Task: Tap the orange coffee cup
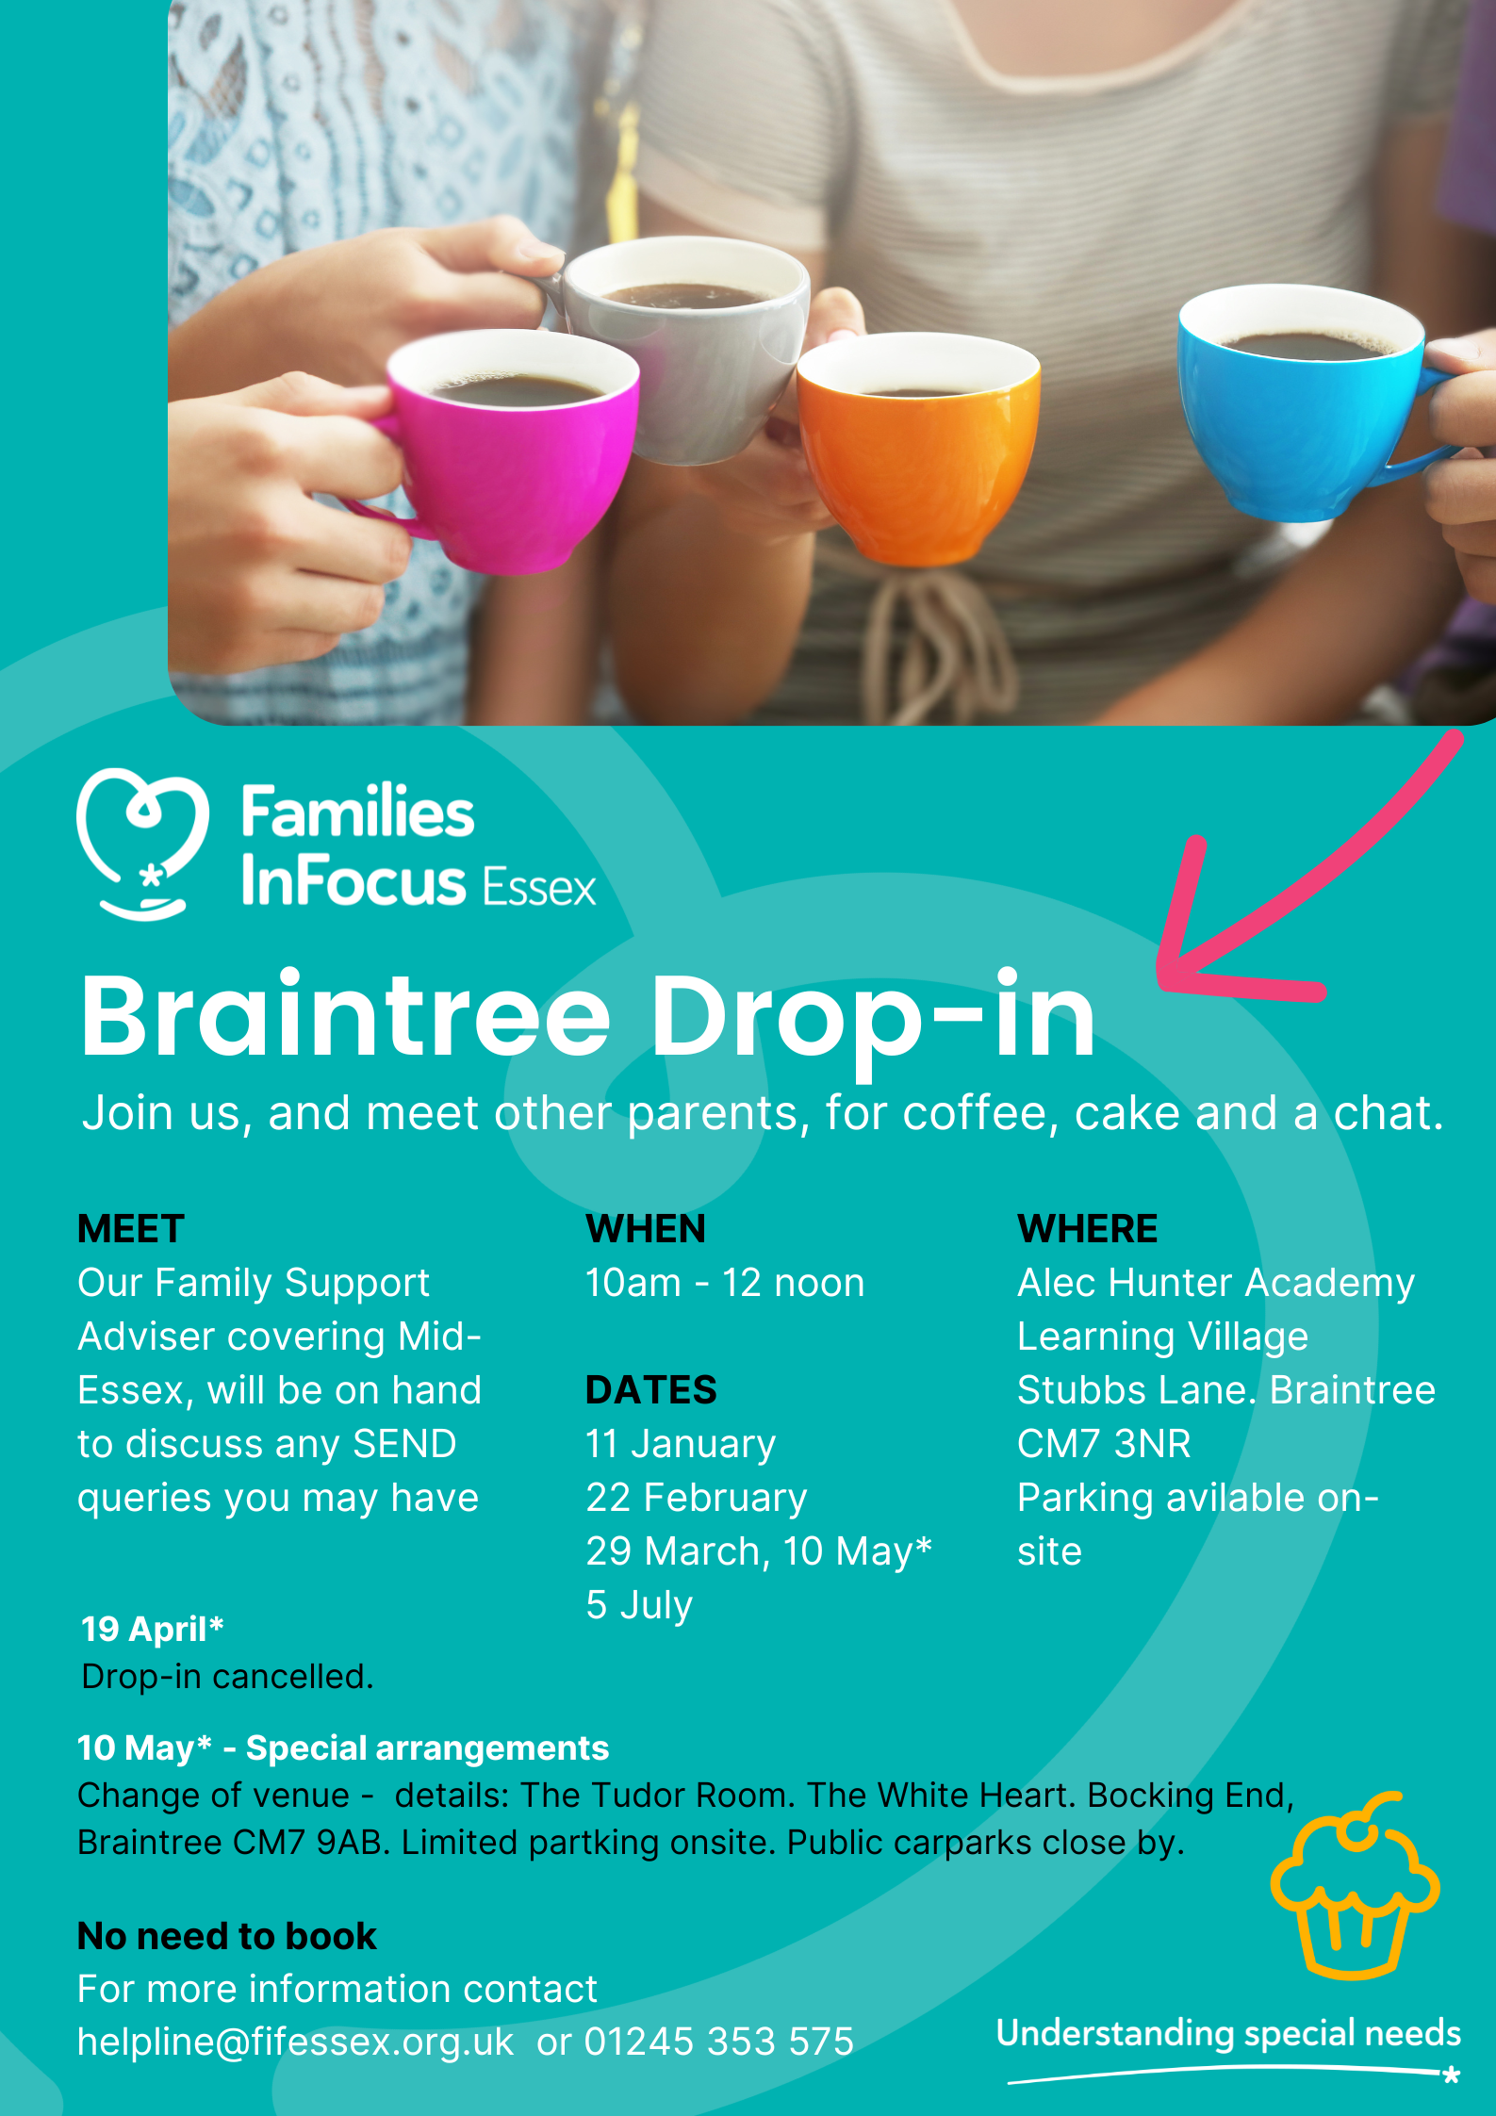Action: (919, 452)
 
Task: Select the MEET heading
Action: (131, 1229)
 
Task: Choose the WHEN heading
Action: (646, 1229)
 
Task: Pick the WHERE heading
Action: (1087, 1229)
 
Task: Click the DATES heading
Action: (651, 1390)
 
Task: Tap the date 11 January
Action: (681, 1444)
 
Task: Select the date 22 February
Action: (697, 1498)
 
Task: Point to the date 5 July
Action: (639, 1605)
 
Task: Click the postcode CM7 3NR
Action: (1104, 1444)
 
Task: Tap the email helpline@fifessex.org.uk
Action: (295, 2042)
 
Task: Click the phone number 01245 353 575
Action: (719, 2042)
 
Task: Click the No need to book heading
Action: (227, 1936)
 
